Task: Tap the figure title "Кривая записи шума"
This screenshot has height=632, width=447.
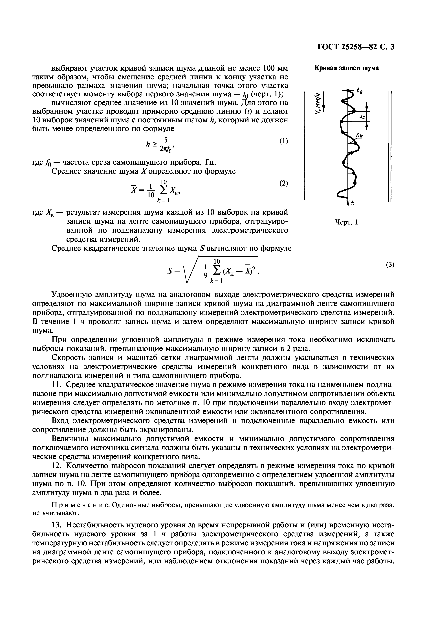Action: (346, 68)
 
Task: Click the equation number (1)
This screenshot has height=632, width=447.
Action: (283, 141)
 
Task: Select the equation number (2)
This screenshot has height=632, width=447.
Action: (283, 183)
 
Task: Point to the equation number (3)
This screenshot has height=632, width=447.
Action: (390, 265)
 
